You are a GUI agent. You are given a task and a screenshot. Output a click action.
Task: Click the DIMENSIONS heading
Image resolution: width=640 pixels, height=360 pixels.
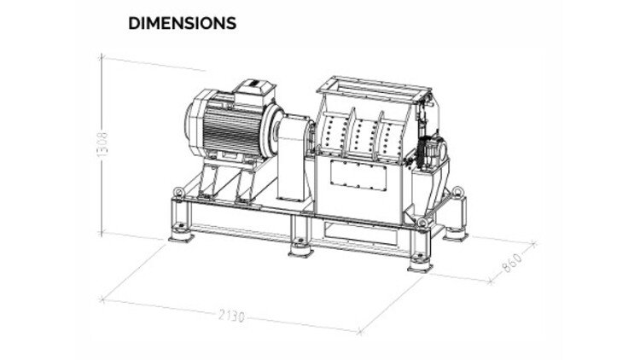182,23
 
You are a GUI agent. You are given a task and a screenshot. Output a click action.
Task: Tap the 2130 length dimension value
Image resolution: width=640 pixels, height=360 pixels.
232,316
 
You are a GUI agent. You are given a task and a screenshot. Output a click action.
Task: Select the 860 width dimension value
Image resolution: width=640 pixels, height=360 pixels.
512,263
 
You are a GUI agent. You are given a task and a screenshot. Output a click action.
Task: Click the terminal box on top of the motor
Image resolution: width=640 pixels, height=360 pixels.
254,92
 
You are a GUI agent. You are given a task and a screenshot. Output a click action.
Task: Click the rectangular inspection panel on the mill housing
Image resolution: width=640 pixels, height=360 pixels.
358,175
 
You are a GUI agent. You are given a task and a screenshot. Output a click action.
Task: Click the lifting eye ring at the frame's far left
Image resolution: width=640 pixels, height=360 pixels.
179,191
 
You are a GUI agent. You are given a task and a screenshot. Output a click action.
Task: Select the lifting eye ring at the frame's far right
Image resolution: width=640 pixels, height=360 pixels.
457,191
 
